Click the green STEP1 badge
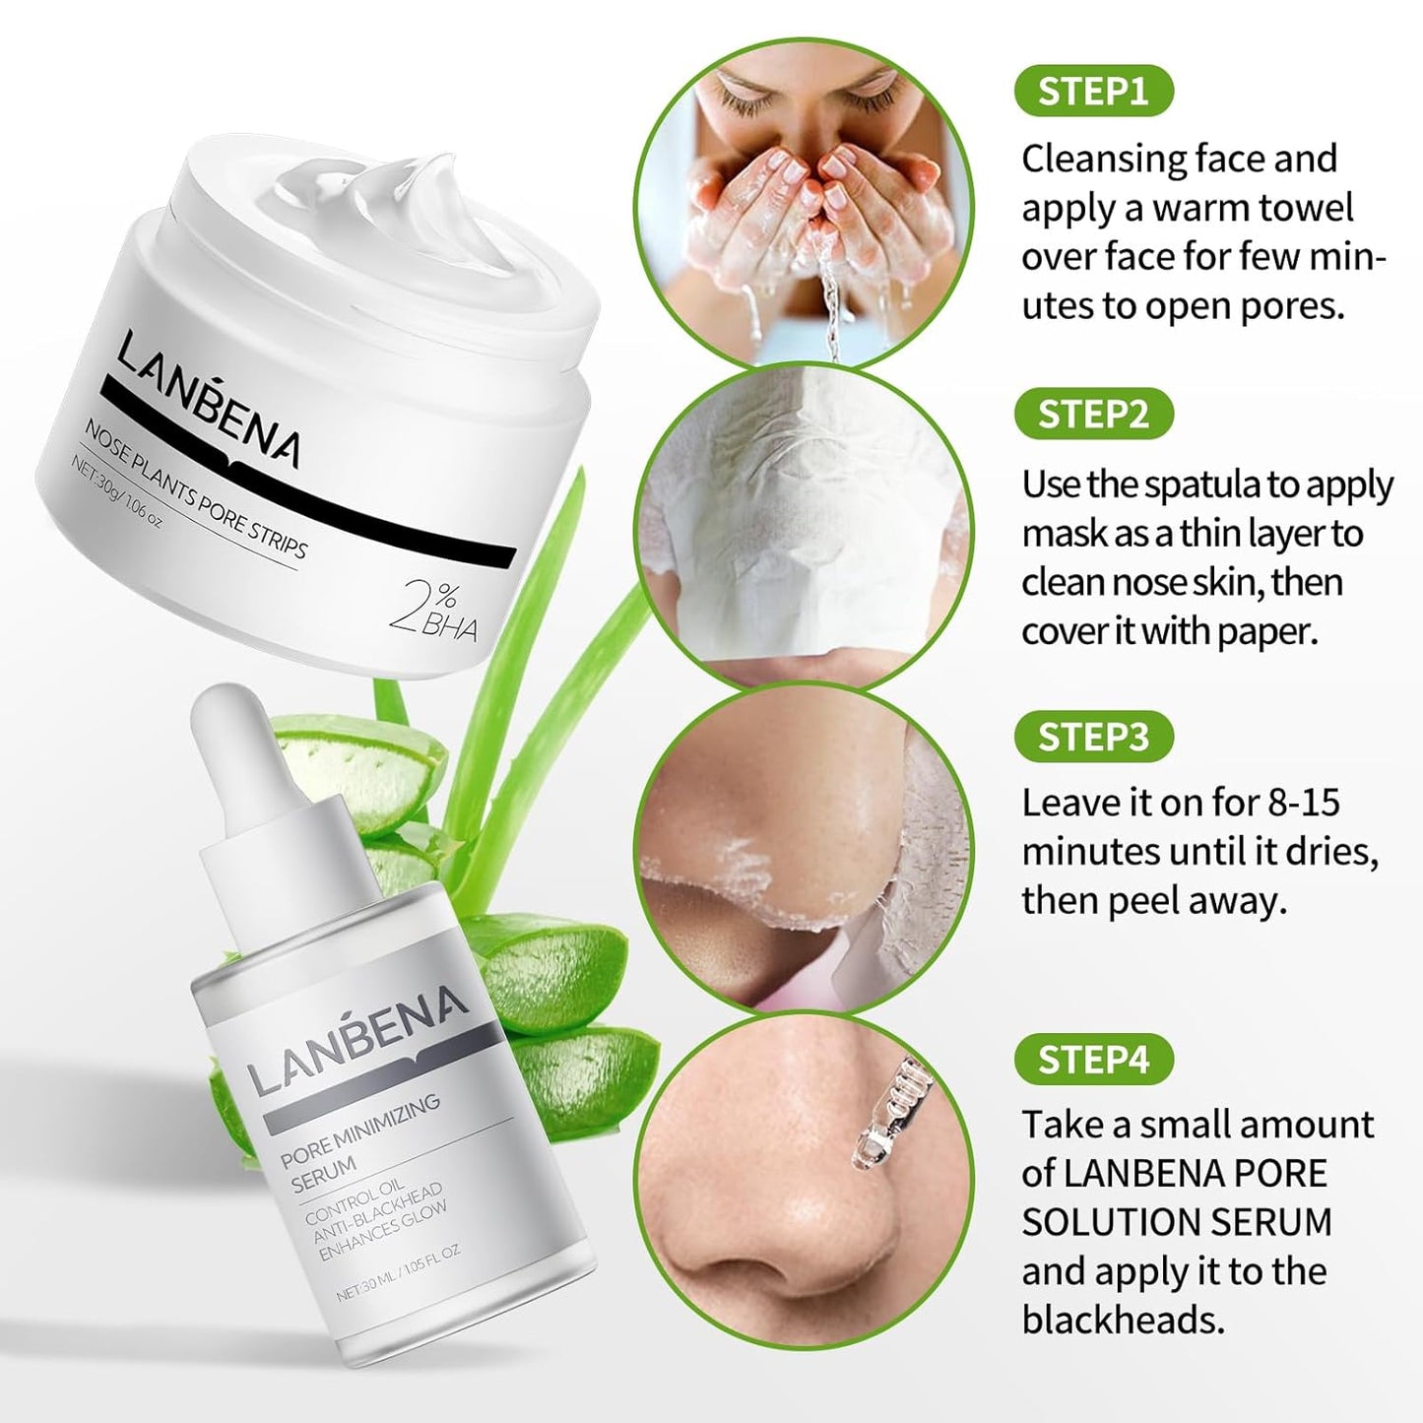1093,91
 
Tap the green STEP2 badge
1093,414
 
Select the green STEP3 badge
1093,737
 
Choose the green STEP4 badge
1093,1060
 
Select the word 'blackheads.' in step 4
1123,1320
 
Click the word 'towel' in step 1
1305,208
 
